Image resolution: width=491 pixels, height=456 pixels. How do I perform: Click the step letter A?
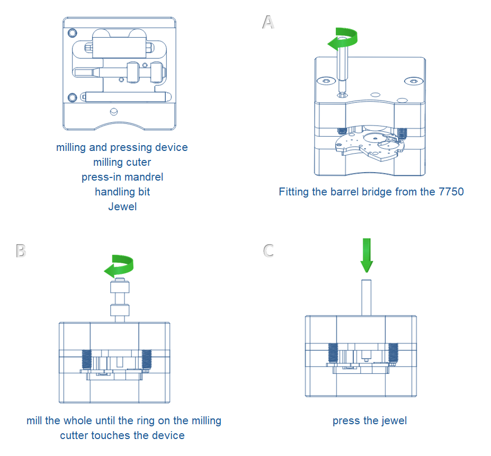click(269, 22)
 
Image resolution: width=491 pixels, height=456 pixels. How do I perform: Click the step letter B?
click(21, 250)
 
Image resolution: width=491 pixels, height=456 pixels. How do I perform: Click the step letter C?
click(269, 250)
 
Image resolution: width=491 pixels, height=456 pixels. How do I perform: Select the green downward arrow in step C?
click(367, 255)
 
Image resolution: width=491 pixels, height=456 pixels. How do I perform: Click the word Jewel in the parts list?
click(122, 207)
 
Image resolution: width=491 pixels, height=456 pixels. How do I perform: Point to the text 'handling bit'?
click(122, 192)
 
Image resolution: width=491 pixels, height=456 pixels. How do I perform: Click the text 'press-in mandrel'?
click(122, 177)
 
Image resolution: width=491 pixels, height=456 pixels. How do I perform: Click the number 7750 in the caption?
click(451, 192)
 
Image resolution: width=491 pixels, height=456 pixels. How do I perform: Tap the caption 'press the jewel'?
click(370, 421)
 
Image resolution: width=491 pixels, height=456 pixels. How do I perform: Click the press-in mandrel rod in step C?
click(366, 297)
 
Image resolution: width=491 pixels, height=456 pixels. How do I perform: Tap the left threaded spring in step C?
click(333, 354)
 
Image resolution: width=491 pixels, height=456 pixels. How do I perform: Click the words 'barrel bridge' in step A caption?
click(346, 192)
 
